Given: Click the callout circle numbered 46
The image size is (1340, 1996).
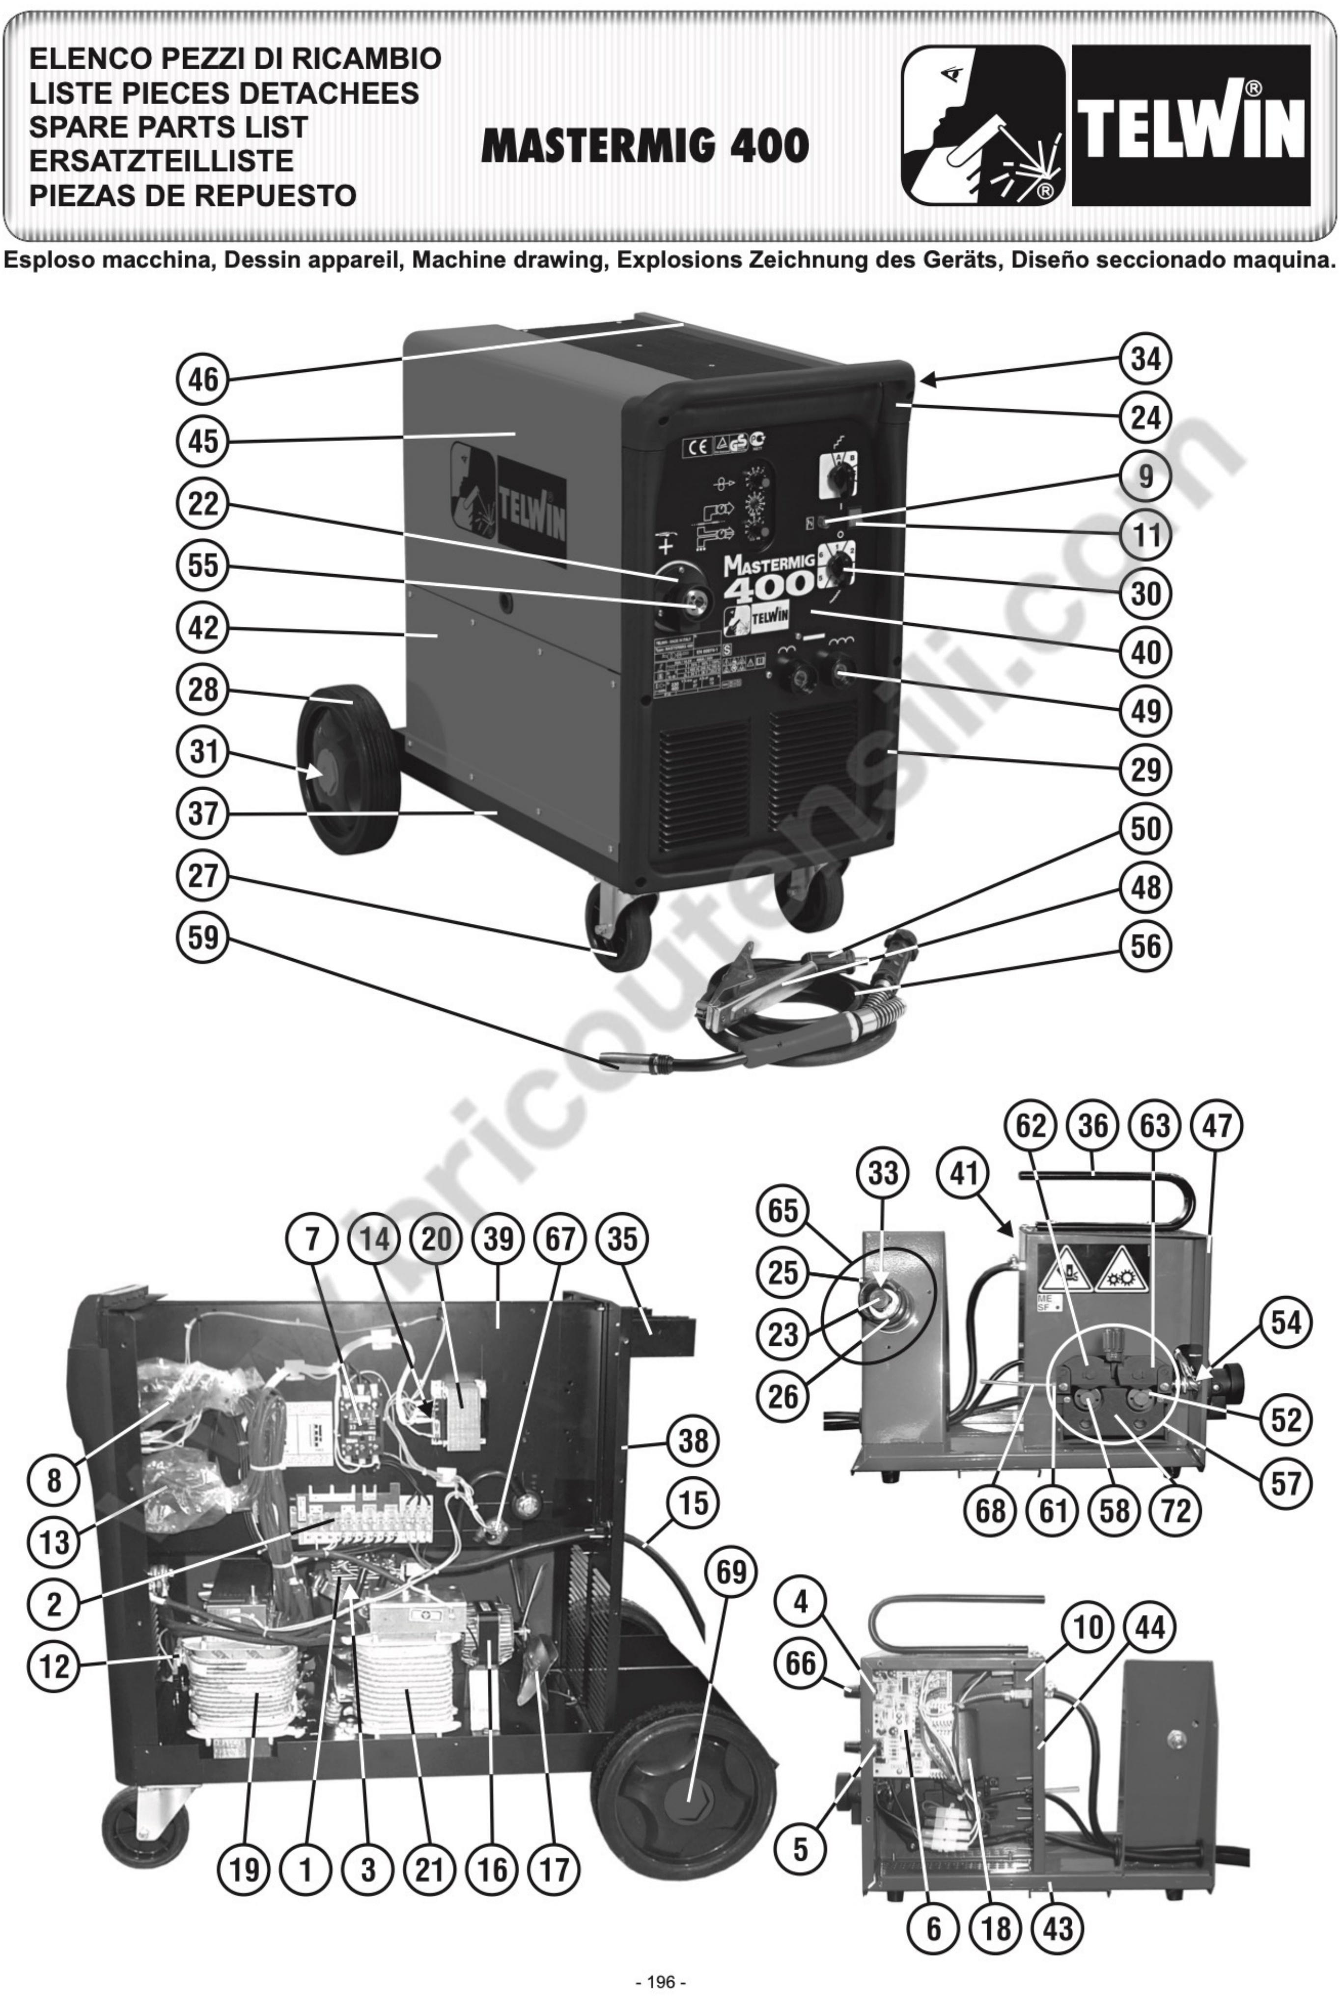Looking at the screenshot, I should click(x=202, y=379).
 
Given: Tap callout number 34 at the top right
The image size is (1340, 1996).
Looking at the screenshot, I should click(x=1145, y=360).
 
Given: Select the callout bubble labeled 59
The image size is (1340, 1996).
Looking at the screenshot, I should click(x=202, y=938).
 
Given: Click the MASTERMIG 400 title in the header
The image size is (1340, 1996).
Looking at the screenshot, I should click(x=645, y=146).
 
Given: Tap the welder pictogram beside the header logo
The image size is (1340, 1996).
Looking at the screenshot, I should click(x=983, y=126).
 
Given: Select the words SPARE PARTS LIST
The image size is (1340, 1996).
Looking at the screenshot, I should click(x=168, y=126).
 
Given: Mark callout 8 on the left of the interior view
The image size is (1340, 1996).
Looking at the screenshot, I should click(x=55, y=1479).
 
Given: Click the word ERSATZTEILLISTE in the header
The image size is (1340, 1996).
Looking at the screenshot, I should click(x=162, y=161).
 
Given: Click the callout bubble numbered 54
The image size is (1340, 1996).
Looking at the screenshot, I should click(x=1285, y=1323).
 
